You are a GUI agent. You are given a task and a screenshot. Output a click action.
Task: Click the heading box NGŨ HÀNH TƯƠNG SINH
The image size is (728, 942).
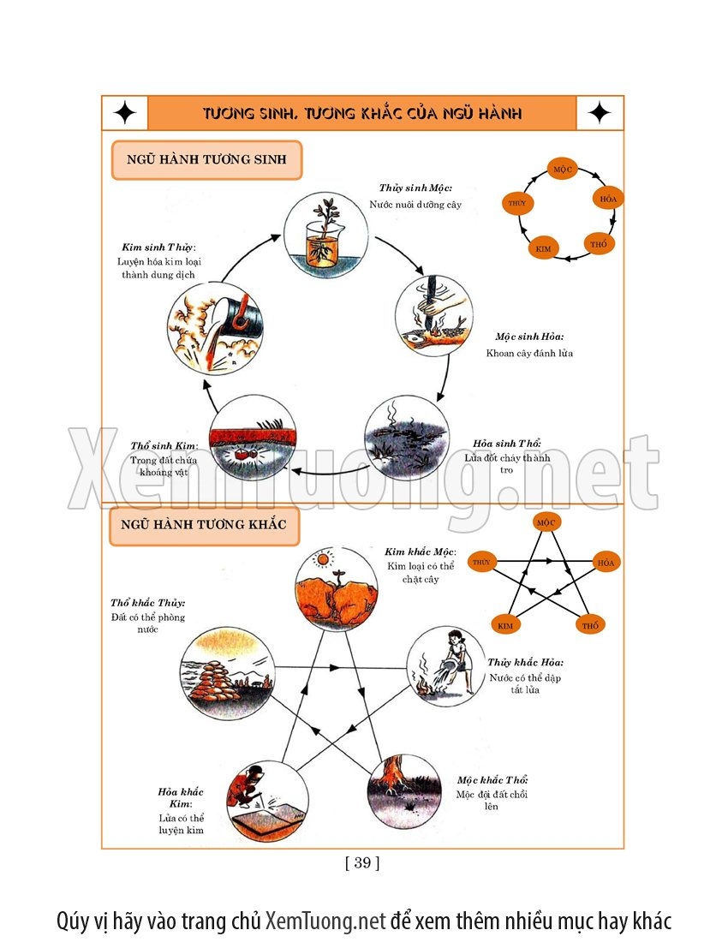(x=206, y=160)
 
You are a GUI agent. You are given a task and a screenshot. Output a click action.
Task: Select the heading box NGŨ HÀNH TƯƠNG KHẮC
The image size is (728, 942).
(x=204, y=524)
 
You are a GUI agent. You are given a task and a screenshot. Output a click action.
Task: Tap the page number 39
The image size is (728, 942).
(x=362, y=862)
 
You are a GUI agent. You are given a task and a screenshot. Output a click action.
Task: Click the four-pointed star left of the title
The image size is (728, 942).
(x=125, y=113)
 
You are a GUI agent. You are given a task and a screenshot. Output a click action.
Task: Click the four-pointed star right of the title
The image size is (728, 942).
(x=600, y=113)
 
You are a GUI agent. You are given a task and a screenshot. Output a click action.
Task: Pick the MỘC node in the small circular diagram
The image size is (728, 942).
(x=563, y=168)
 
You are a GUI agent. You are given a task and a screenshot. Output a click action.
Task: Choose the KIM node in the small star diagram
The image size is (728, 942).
(x=505, y=625)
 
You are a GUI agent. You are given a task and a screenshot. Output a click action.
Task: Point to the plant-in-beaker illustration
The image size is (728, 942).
(x=325, y=235)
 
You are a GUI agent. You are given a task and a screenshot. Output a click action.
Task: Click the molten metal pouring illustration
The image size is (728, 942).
(x=210, y=328)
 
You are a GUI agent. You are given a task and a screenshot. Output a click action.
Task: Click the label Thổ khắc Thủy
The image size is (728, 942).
(x=147, y=603)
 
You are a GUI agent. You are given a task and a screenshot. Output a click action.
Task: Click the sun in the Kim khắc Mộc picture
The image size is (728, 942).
(x=322, y=560)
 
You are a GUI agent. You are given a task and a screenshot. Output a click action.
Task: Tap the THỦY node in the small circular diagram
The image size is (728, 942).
(x=517, y=203)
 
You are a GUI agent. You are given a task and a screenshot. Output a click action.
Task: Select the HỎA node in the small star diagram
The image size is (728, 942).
(x=606, y=563)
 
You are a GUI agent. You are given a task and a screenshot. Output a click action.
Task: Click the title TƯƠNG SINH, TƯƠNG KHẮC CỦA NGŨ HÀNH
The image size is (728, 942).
(x=362, y=113)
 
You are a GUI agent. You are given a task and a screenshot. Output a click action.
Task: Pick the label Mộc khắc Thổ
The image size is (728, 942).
(x=492, y=780)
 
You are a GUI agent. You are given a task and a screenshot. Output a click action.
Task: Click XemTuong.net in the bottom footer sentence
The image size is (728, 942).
(x=325, y=921)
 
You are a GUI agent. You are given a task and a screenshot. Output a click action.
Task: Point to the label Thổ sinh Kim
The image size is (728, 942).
(x=164, y=446)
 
